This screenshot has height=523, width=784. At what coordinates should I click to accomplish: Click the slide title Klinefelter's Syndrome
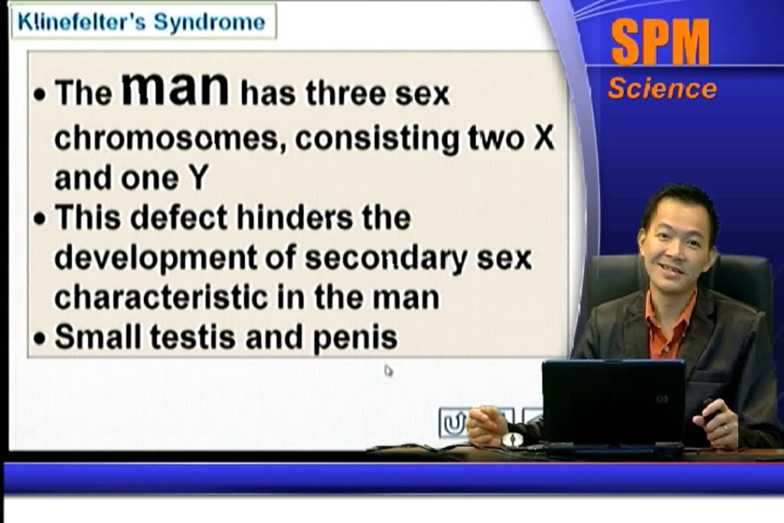[x=142, y=22]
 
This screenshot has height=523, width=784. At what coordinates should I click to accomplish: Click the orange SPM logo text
[x=660, y=42]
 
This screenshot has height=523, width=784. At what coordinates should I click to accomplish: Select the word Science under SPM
[x=662, y=88]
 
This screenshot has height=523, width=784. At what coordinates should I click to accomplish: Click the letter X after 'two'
[x=544, y=137]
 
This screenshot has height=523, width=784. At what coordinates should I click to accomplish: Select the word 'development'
[x=155, y=259]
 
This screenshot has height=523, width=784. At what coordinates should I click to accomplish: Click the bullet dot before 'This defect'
[x=40, y=219]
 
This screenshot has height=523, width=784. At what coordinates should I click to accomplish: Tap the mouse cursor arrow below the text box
[x=388, y=371]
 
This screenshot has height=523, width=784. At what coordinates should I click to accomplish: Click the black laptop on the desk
[x=613, y=403]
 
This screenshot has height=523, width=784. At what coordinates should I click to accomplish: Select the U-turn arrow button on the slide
[x=452, y=423]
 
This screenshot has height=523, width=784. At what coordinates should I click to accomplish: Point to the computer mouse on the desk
[x=512, y=440]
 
